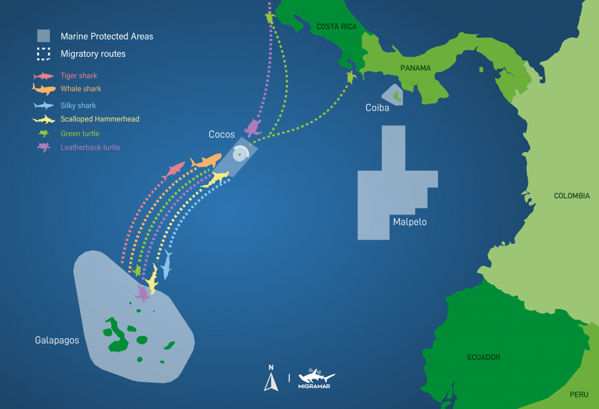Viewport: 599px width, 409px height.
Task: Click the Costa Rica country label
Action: coord(336,26)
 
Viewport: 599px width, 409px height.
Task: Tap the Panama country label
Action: coord(416,68)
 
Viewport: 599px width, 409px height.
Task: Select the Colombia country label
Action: coord(571,196)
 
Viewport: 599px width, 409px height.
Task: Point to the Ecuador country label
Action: coord(483,358)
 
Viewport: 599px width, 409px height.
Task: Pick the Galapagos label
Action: coord(57,340)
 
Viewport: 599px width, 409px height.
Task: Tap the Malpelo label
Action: coord(410,222)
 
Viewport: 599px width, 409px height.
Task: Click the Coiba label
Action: coord(377,108)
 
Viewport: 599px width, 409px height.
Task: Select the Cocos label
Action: coord(222,135)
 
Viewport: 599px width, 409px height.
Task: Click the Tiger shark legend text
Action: coord(78,76)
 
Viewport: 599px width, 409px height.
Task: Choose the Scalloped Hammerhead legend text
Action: coord(100,119)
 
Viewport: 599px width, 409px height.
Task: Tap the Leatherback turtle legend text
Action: coord(90,147)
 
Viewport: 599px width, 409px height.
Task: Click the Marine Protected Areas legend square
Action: coord(43,36)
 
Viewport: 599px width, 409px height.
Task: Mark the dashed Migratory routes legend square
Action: coord(43,54)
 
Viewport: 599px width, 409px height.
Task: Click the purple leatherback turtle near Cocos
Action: coord(253,128)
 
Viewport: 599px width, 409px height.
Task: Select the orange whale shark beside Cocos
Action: coord(206,161)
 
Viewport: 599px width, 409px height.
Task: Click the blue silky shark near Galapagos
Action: coord(167,265)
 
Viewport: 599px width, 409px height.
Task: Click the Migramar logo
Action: coord(316,379)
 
